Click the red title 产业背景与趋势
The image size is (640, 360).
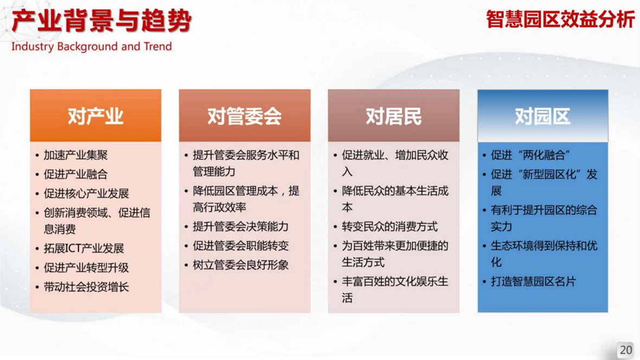pyautogui.click(x=101, y=21)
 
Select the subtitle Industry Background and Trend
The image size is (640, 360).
pyautogui.click(x=92, y=47)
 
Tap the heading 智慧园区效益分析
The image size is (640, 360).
pyautogui.click(x=560, y=19)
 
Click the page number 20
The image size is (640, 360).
pyautogui.click(x=626, y=350)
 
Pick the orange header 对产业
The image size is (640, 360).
pyautogui.click(x=95, y=117)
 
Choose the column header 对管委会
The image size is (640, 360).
pyautogui.click(x=245, y=117)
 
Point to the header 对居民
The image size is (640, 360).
pyautogui.click(x=393, y=117)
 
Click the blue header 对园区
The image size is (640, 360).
pyautogui.click(x=542, y=117)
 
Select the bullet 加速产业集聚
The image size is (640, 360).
pyautogui.click(x=75, y=155)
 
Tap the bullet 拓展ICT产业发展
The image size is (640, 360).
pyautogui.click(x=84, y=248)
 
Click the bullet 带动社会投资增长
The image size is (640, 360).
pyautogui.click(x=86, y=287)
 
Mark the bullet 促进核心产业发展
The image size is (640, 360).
pyautogui.click(x=86, y=194)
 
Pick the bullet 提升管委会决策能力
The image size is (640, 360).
pyautogui.click(x=240, y=227)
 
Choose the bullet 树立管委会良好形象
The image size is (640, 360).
pyautogui.click(x=240, y=265)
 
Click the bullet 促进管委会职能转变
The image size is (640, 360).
pyautogui.click(x=240, y=246)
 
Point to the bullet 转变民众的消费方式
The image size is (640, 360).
pyautogui.click(x=389, y=227)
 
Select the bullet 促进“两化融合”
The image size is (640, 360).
pyautogui.click(x=530, y=155)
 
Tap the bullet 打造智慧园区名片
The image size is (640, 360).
pyautogui.click(x=533, y=281)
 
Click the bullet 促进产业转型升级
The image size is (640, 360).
pyautogui.click(x=86, y=268)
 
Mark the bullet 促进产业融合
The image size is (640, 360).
pyautogui.click(x=75, y=174)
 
